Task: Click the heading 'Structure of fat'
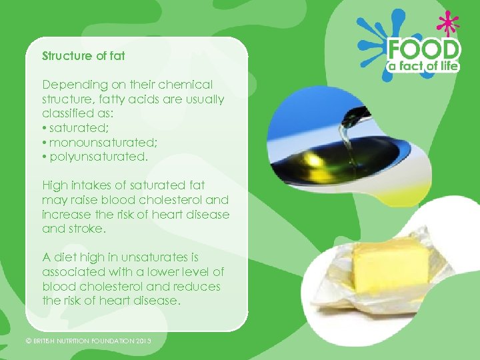[83, 56]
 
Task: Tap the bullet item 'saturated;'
[74, 128]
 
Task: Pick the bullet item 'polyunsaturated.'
[93, 157]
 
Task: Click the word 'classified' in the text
[69, 114]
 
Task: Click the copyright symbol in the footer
[28, 341]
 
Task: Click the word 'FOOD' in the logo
[424, 49]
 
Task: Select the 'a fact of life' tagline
[424, 65]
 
